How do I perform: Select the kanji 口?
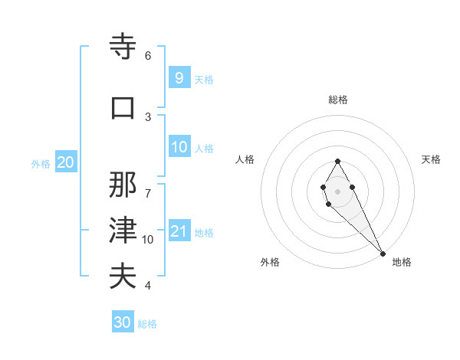123,108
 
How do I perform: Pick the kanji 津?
123,230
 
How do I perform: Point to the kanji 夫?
123,276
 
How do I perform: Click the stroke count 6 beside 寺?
148,56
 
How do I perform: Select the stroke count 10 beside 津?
148,240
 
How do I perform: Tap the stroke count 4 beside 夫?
148,286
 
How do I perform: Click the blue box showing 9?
179,77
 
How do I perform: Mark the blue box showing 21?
179,231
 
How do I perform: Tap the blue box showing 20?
65,162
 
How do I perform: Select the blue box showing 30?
123,322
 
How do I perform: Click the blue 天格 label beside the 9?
204,80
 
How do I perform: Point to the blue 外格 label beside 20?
41,164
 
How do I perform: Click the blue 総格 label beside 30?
147,325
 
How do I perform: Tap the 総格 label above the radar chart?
337,100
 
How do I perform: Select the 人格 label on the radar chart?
245,159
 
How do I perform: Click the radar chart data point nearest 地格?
383,254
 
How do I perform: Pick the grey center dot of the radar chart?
337,191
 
